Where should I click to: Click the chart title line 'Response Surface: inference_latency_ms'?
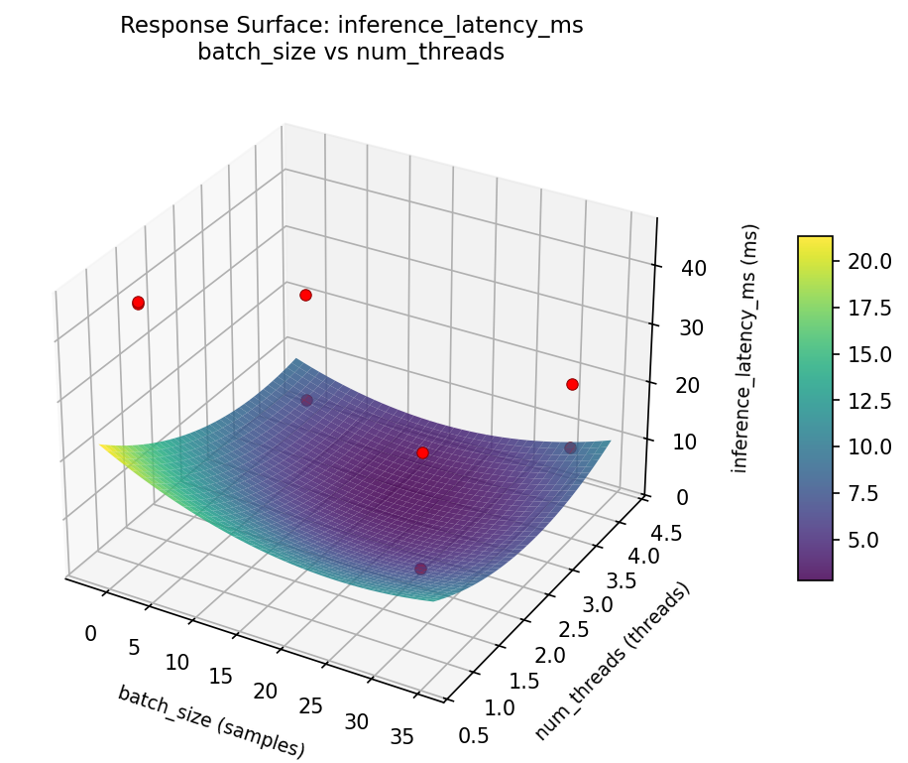coord(351,26)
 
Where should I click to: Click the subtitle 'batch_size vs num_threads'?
coord(351,53)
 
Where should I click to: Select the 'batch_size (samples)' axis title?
coord(210,721)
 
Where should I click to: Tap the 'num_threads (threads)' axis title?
coord(612,662)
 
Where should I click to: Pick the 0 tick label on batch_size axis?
coord(90,634)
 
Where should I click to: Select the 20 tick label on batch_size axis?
coord(265,692)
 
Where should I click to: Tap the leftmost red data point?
coord(138,303)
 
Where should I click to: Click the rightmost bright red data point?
coord(572,384)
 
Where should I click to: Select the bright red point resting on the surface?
coord(422,452)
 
